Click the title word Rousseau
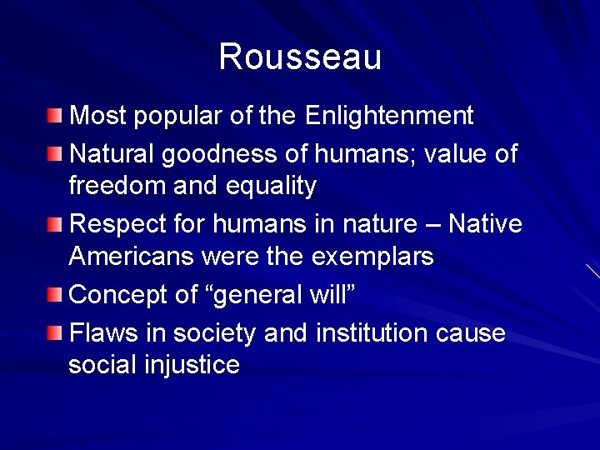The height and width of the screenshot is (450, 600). tap(300, 57)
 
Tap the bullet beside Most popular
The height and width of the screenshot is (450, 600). tap(54, 115)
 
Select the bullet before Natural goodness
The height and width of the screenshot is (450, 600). tap(54, 153)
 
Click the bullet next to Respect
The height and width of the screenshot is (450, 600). tap(54, 224)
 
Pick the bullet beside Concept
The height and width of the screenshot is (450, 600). tap(54, 294)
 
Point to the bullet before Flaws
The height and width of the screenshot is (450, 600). tap(54, 333)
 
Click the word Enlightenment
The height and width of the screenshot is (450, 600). tap(389, 116)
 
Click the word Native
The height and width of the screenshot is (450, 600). tap(484, 224)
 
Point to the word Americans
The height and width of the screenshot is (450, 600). tap(131, 256)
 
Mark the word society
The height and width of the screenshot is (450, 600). tap(215, 333)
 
